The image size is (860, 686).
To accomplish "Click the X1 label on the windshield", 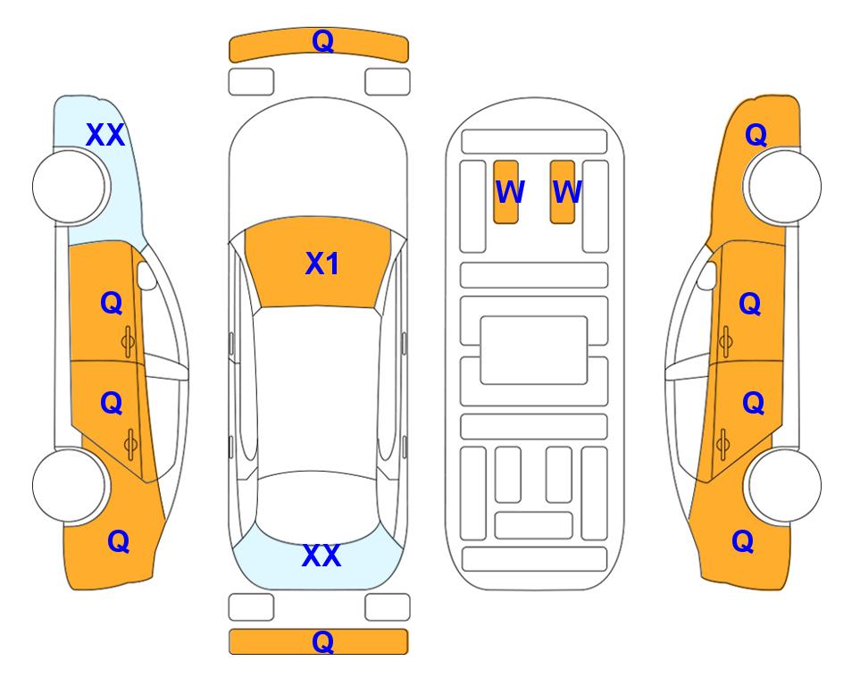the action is pyautogui.click(x=322, y=264).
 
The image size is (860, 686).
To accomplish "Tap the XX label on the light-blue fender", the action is pyautogui.click(x=105, y=135).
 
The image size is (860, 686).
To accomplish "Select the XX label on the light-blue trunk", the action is pyautogui.click(x=321, y=556).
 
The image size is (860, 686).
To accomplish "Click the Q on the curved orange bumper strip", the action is pyautogui.click(x=323, y=41).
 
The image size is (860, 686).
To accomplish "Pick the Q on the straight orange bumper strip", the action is pyautogui.click(x=323, y=641).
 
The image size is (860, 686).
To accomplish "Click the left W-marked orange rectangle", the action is pyautogui.click(x=505, y=192).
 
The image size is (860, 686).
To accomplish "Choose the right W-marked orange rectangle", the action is pyautogui.click(x=563, y=192).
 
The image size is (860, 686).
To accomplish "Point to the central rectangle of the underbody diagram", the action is pyautogui.click(x=534, y=350).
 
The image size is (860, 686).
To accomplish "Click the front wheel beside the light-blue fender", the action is pyautogui.click(x=70, y=187).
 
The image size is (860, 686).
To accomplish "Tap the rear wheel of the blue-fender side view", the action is pyautogui.click(x=70, y=486).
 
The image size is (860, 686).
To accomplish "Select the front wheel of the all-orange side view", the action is pyautogui.click(x=784, y=187).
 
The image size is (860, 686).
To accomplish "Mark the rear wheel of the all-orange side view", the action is pyautogui.click(x=784, y=486).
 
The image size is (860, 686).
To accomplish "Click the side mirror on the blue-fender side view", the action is pyautogui.click(x=146, y=275).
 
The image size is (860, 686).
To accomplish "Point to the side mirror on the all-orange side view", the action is pyautogui.click(x=707, y=275).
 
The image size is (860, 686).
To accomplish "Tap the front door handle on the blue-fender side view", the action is pyautogui.click(x=129, y=342).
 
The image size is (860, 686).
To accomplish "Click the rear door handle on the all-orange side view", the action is pyautogui.click(x=722, y=445).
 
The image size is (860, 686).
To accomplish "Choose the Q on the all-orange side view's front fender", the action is pyautogui.click(x=756, y=135).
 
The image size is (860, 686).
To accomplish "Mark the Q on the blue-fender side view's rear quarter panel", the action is pyautogui.click(x=119, y=541).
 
